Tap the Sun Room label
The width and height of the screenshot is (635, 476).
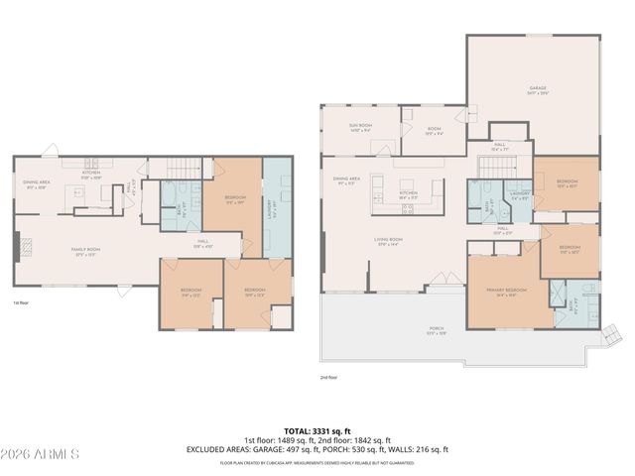coord(359,128)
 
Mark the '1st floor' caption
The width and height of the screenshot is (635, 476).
coord(22,302)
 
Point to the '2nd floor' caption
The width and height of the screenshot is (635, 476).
coord(329,377)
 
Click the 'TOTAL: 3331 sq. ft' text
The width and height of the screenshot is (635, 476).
coord(317,430)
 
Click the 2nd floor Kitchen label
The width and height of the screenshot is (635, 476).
coord(409,194)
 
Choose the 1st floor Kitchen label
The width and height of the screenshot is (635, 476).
coord(91,174)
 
